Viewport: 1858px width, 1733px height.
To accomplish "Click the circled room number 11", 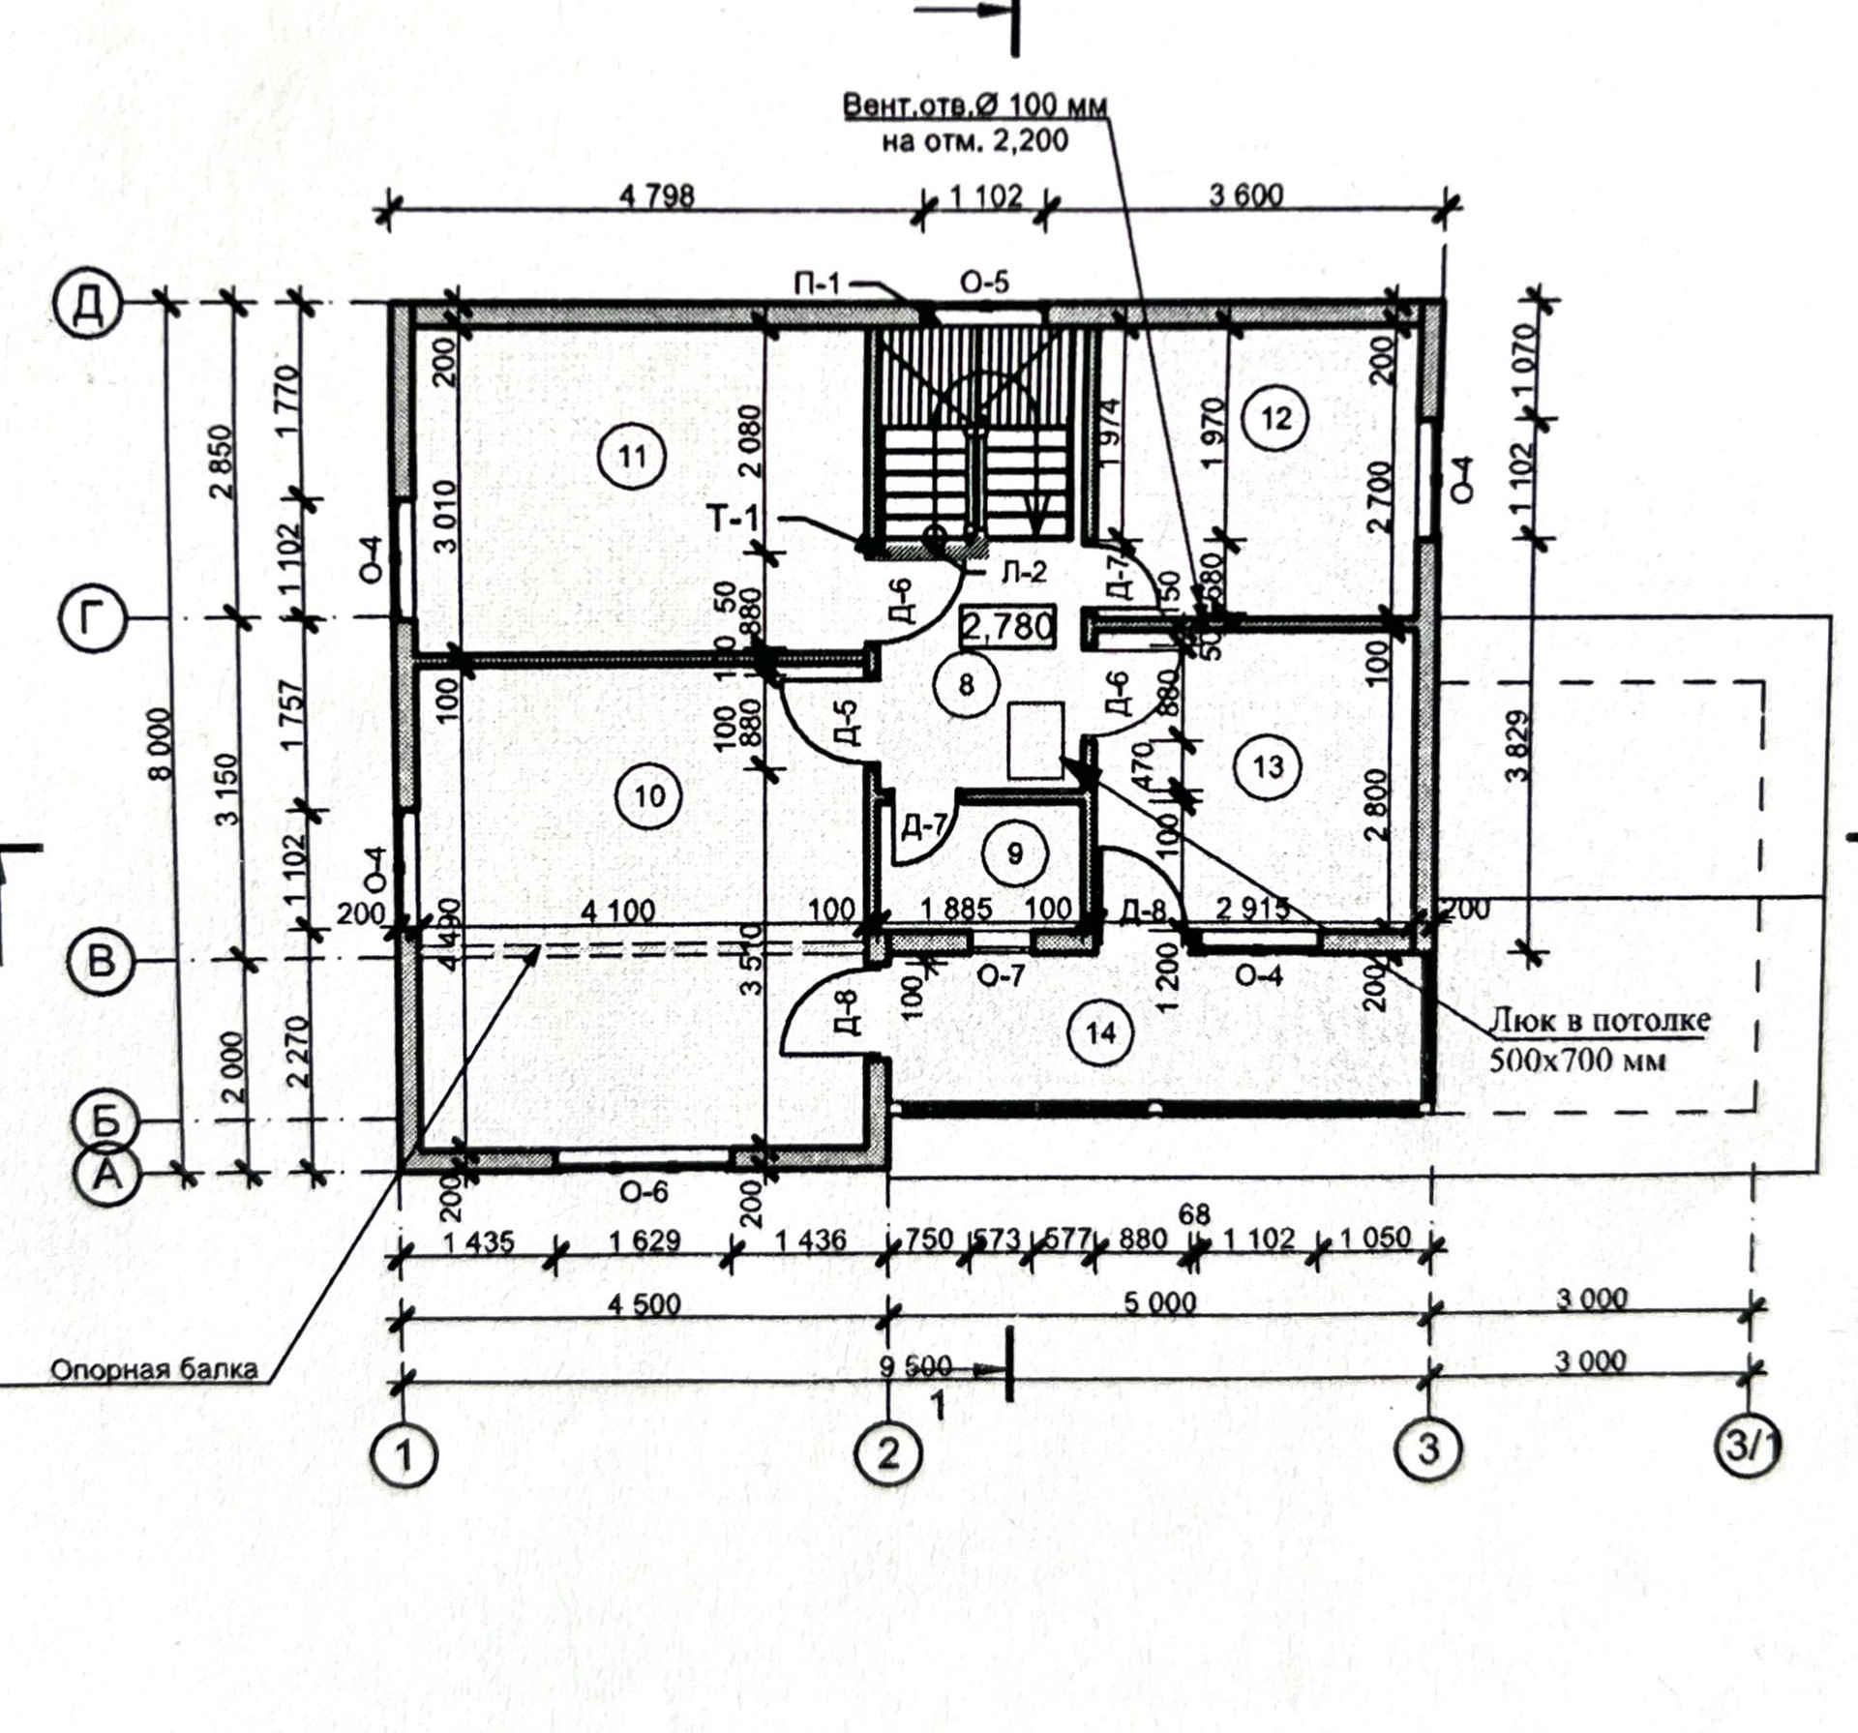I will pos(632,456).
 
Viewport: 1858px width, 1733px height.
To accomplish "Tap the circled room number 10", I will pos(649,795).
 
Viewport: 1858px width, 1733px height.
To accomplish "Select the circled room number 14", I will pos(1101,1033).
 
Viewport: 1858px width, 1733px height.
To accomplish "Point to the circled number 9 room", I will pos(1014,852).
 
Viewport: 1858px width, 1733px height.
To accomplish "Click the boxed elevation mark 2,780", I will pos(1007,627).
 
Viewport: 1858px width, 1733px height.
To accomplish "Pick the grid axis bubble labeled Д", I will pos(88,305).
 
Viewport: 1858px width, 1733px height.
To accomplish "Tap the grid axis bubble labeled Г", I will pos(93,620).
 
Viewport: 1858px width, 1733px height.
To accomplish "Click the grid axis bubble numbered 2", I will pos(888,1452).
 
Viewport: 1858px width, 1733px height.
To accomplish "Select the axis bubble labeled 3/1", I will pos(1748,1448).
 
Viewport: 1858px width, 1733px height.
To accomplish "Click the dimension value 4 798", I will pos(657,196).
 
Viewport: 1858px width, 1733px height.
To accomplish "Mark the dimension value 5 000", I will pos(1160,1302).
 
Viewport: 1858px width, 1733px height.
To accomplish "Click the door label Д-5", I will pos(845,721).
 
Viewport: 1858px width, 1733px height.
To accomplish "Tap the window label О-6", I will pos(644,1191).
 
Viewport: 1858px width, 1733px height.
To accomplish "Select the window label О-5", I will pos(984,283).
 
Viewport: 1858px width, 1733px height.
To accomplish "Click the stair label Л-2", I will pos(1023,573).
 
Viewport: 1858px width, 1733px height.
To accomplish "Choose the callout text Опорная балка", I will pos(154,1369).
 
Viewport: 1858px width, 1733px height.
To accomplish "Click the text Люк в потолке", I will pos(1599,1020).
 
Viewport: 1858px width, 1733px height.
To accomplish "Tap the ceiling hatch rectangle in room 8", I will pos(1035,740).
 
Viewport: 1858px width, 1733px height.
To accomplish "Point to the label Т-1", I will pos(734,520).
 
